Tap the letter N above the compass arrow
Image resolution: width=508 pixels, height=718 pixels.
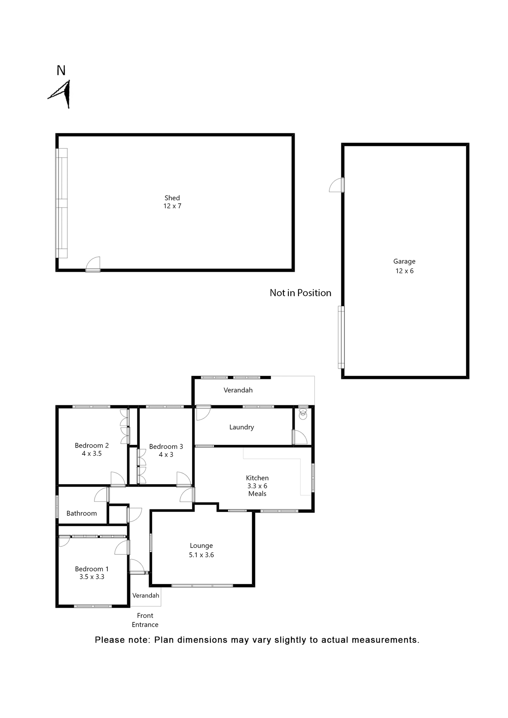[61, 70]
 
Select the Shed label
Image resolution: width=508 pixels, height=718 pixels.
[172, 198]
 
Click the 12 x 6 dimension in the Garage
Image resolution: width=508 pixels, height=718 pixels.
[404, 271]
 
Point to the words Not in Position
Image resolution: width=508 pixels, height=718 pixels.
[300, 293]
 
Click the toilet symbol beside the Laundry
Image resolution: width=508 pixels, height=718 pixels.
[303, 414]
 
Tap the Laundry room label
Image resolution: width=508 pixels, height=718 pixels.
[241, 427]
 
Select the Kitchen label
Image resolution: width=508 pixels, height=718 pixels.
[257, 478]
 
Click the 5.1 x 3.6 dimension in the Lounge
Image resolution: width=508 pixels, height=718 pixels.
[201, 555]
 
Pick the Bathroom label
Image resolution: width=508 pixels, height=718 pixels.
[82, 513]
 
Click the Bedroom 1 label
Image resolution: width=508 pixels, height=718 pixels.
[92, 569]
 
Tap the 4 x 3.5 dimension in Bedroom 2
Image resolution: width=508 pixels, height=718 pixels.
[92, 454]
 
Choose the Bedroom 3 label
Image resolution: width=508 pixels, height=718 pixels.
[166, 447]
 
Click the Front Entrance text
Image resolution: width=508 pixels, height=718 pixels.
[145, 620]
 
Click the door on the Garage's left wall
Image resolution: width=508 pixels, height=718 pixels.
[337, 185]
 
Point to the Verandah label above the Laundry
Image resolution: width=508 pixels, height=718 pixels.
[238, 390]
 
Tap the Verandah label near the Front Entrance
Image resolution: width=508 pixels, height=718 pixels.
[146, 595]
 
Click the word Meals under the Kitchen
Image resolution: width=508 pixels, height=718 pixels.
[257, 494]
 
